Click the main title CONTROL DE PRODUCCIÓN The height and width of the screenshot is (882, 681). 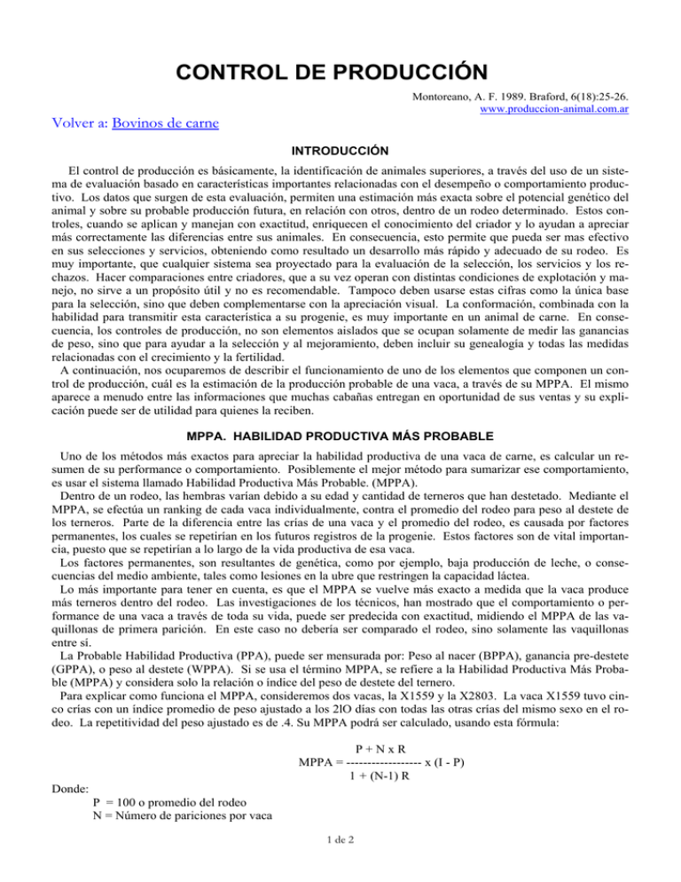click(x=340, y=68)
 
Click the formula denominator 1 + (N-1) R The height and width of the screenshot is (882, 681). click(x=383, y=778)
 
